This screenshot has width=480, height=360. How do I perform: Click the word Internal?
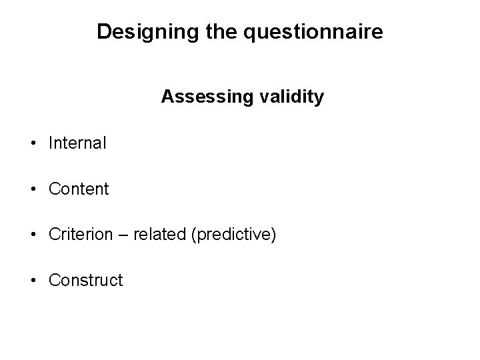77,143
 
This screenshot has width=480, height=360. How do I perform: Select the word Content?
79,189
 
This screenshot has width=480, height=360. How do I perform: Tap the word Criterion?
79,235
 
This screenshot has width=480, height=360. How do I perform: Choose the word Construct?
86,281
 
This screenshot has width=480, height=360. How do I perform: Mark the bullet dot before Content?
33,190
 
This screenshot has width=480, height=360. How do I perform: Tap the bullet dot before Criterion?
33,235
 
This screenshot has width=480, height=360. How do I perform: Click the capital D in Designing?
103,31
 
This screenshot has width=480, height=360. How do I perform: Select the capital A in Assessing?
167,97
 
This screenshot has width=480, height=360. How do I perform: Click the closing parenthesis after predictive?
273,235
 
